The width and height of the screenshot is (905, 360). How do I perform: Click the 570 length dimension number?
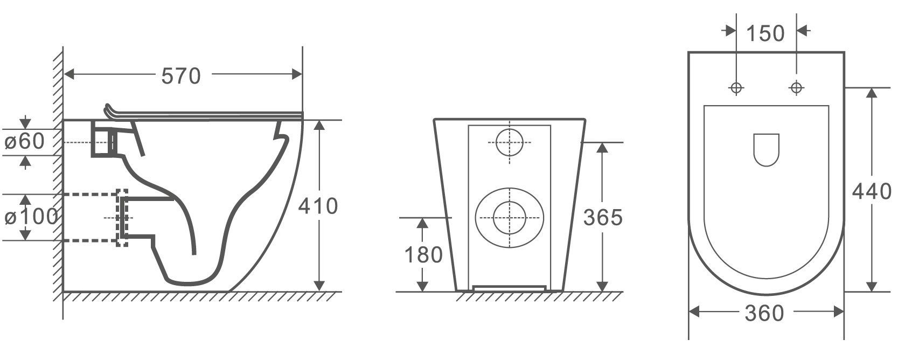tap(181, 76)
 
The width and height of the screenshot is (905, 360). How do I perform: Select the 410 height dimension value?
tap(318, 206)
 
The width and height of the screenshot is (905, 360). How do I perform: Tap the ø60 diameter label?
tap(24, 141)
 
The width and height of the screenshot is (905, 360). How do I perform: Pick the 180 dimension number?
tap(423, 255)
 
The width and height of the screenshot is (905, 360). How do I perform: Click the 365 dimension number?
tap(603, 217)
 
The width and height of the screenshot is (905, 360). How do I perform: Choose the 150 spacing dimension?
tap(765, 33)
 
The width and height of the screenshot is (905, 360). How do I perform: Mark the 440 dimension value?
tap(872, 191)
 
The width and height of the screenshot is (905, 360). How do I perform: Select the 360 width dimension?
tap(764, 313)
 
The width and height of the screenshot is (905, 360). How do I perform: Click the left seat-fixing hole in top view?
tap(736, 87)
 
